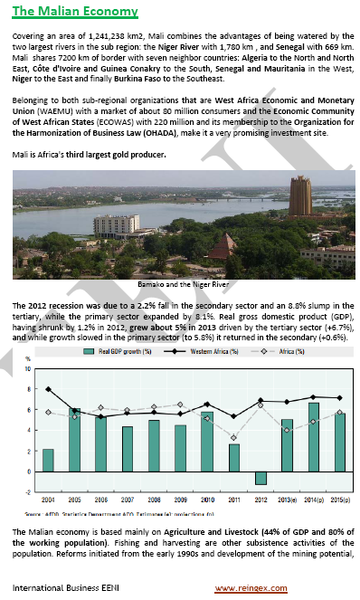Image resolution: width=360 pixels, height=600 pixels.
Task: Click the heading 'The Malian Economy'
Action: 75,12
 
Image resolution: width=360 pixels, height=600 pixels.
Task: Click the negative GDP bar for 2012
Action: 260,478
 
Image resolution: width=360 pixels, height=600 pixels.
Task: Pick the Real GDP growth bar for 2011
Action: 233,458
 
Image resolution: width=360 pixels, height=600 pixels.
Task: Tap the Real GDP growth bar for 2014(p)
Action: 313,437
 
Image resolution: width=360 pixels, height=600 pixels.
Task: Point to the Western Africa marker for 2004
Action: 48,389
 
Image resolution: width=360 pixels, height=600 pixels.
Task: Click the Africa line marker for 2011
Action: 233,438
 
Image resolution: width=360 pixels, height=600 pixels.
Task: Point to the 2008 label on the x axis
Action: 154,500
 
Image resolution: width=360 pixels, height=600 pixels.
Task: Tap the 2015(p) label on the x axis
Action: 339,500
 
